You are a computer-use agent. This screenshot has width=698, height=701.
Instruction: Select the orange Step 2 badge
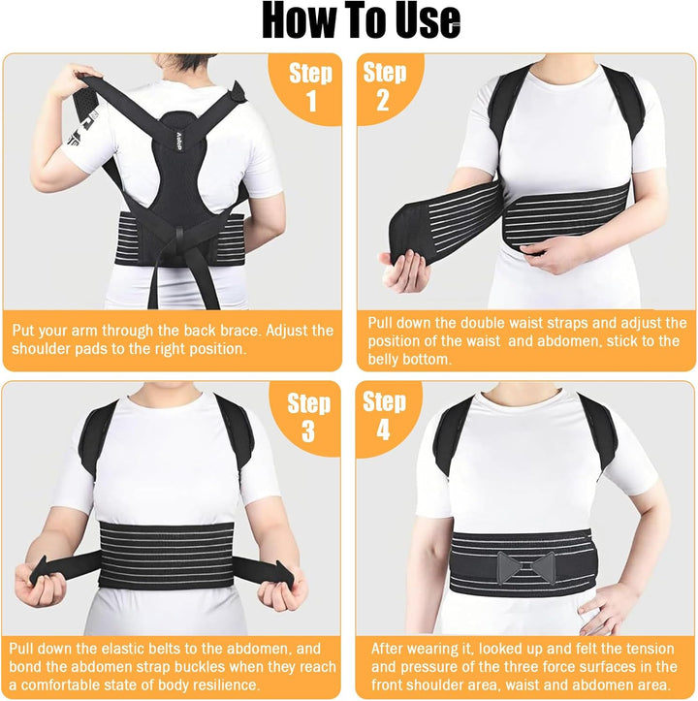coord(386,86)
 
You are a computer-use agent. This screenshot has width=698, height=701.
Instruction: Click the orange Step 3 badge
coord(308,416)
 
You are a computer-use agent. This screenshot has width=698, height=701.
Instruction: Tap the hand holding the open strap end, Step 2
coord(405,267)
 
